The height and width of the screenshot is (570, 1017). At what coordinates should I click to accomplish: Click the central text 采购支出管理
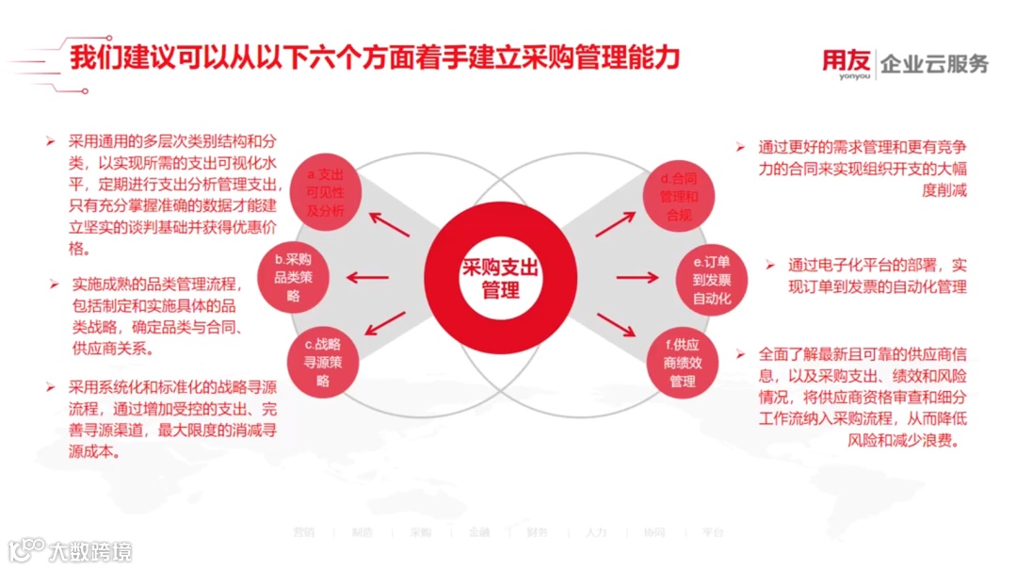pos(499,279)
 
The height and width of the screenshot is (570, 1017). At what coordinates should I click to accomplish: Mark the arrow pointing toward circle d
pos(616,224)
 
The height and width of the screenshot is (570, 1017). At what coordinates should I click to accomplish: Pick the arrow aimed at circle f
pos(616,326)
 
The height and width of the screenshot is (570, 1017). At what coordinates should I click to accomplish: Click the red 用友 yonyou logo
pos(846,64)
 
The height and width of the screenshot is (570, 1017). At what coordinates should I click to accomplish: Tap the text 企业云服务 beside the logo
pos(934,64)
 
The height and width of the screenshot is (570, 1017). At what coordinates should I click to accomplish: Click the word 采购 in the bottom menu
pos(420,532)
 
